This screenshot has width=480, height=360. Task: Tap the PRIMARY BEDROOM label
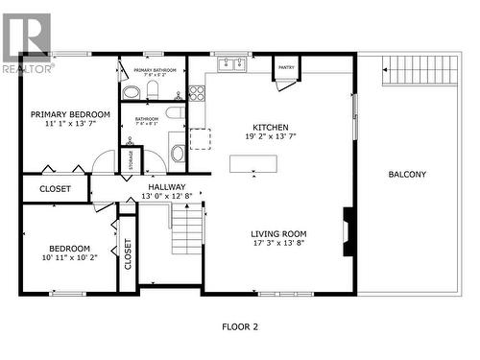(63, 114)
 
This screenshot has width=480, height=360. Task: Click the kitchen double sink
(229, 65)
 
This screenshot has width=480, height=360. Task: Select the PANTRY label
(286, 68)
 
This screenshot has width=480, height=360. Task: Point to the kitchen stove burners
(197, 93)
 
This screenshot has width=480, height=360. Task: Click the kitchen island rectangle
(254, 163)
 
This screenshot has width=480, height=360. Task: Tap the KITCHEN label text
(271, 128)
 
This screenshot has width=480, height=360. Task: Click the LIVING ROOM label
(278, 233)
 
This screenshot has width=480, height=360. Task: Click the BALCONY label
(407, 175)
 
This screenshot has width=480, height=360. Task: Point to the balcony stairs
(403, 69)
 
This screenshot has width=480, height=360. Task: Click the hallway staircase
(188, 233)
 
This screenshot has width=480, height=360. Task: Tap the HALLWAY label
(166, 187)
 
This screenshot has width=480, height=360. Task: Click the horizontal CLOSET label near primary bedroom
(55, 189)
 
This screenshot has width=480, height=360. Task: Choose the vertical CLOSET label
(128, 254)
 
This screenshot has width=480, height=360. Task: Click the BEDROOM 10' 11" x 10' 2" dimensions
(70, 258)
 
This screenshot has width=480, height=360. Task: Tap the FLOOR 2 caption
(240, 327)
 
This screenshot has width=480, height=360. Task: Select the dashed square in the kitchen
(200, 139)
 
